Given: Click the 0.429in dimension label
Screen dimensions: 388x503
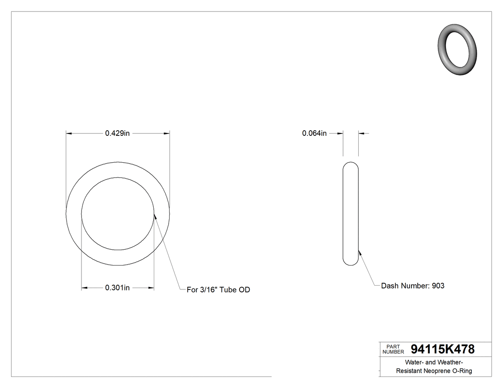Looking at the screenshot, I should (x=117, y=133).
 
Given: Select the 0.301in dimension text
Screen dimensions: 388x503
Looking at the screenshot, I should (x=117, y=288).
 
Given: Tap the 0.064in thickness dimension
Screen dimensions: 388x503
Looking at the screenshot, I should (x=314, y=133).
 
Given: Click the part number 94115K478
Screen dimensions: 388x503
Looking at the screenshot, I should (x=443, y=349).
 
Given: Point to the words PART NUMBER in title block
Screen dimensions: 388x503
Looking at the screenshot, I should (x=393, y=349).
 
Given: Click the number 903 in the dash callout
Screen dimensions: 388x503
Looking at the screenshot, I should (x=438, y=286).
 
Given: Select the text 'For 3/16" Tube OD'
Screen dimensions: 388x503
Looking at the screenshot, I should (x=218, y=289).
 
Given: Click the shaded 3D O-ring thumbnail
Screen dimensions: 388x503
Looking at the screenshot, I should (x=457, y=49).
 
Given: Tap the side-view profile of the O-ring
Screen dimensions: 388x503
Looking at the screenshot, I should (x=351, y=213).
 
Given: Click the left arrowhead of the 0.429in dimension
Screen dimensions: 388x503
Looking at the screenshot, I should (x=69, y=133).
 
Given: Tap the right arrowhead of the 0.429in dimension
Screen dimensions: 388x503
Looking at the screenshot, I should (x=167, y=133).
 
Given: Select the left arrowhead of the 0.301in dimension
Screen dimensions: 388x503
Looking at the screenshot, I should (x=85, y=288).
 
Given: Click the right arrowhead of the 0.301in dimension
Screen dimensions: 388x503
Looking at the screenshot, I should (x=151, y=288).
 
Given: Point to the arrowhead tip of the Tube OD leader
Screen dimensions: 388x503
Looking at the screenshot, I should (x=154, y=215).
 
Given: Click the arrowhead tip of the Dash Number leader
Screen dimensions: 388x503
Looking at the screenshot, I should (x=358, y=250).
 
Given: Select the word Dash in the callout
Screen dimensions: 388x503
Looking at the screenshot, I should (x=389, y=286).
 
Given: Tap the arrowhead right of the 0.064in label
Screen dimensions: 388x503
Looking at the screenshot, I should (x=361, y=133).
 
